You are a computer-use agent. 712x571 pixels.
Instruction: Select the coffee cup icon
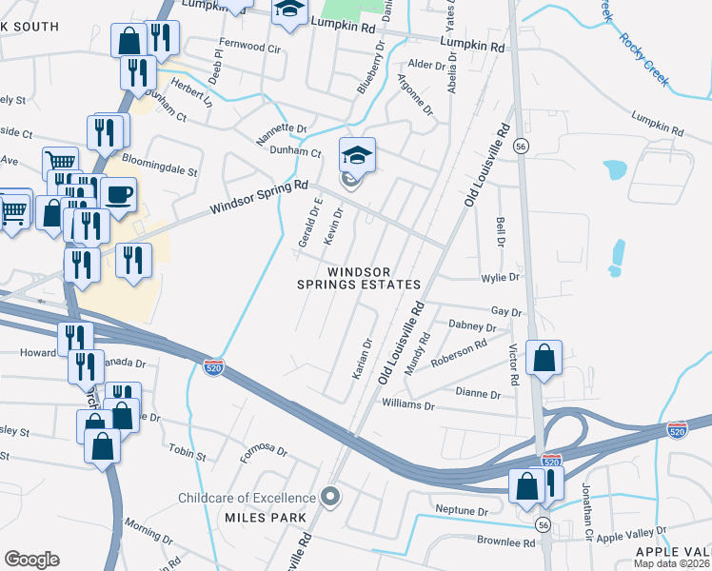pyautogui.click(x=119, y=195)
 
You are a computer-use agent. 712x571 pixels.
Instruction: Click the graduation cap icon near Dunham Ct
pyautogui.click(x=358, y=155)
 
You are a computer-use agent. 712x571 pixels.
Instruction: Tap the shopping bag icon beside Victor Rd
pyautogui.click(x=543, y=359)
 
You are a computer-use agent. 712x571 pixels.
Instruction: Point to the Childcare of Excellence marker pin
pyautogui.click(x=329, y=496)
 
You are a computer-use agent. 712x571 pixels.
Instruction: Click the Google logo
pyautogui.click(x=32, y=560)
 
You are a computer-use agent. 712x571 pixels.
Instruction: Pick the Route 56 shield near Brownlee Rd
pyautogui.click(x=543, y=523)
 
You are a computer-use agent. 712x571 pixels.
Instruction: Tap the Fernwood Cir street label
pyautogui.click(x=250, y=47)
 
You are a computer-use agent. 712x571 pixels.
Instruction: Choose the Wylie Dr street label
pyautogui.click(x=501, y=278)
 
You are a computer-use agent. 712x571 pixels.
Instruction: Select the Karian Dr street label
pyautogui.click(x=362, y=358)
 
